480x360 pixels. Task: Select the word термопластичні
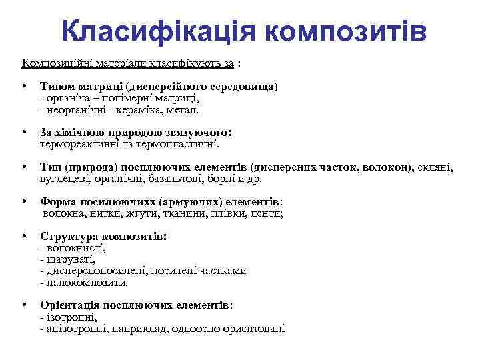tap(180, 143)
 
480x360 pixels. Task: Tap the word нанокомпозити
tap(86, 282)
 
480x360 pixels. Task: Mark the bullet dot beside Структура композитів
tap(23, 236)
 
